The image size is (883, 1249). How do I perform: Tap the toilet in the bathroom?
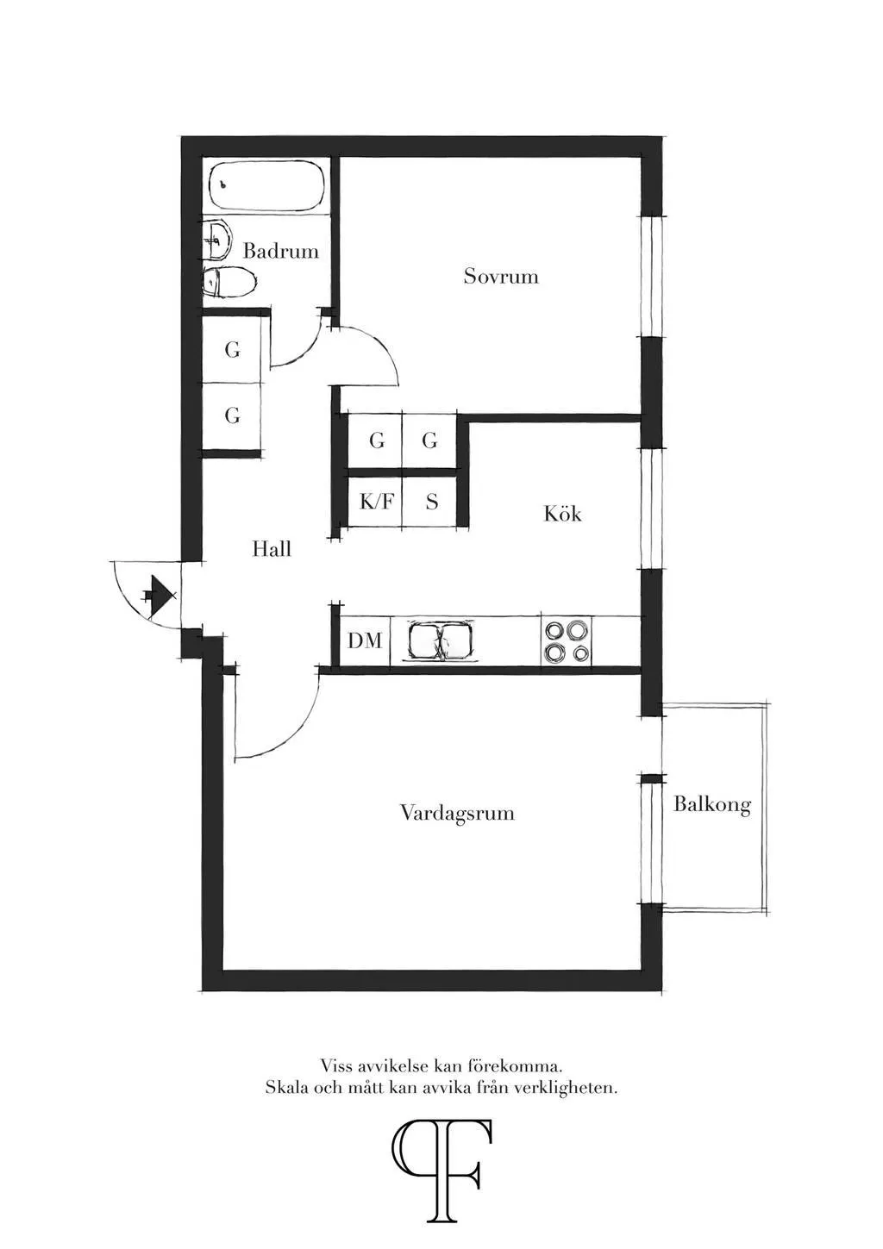point(229,282)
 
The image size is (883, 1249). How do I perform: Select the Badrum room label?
point(280,251)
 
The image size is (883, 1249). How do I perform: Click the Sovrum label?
point(501,276)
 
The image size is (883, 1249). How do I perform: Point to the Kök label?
point(562,514)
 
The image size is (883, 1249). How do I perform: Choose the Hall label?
point(271,548)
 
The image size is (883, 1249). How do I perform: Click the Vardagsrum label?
point(457,813)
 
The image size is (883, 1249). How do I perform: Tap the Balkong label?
point(712,804)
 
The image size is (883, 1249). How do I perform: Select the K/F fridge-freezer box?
point(375,501)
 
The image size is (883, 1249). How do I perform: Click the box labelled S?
point(431,501)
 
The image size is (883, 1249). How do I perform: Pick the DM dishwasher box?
point(365,640)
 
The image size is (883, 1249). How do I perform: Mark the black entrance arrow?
point(159,595)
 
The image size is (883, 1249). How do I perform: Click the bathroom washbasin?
point(216,240)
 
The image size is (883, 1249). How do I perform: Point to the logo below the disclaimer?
point(441,1171)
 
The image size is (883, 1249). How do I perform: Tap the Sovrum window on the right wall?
point(651,276)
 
